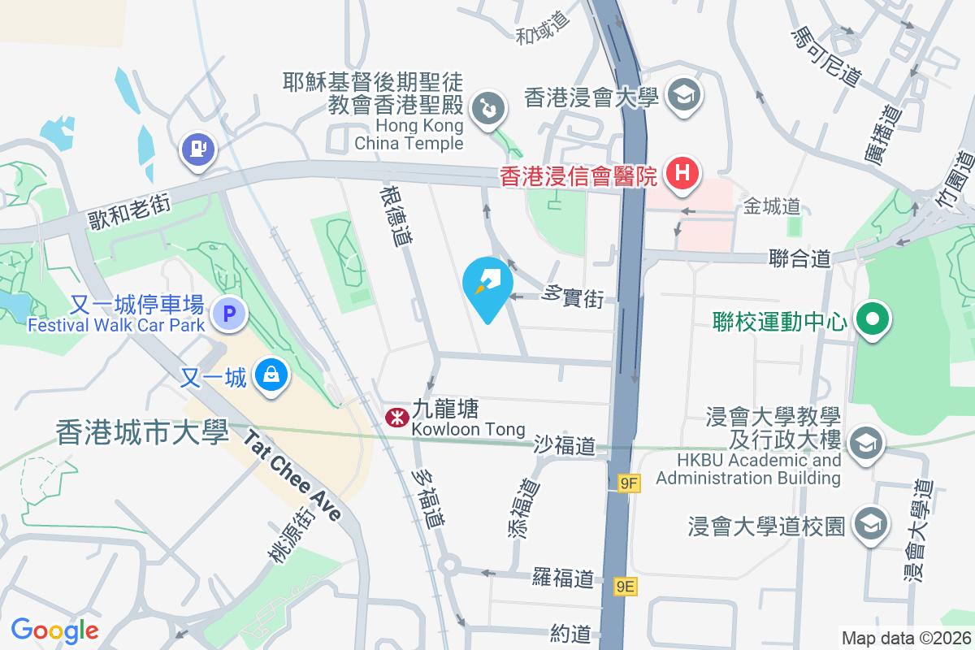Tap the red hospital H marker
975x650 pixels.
683,173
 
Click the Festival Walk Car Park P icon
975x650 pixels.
229,312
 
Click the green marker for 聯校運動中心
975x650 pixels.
873,318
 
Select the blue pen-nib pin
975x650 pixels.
487,283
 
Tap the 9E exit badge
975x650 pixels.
625,587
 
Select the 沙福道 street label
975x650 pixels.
565,445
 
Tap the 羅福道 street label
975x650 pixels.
562,578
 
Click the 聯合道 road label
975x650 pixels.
800,259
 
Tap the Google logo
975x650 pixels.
55,630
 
